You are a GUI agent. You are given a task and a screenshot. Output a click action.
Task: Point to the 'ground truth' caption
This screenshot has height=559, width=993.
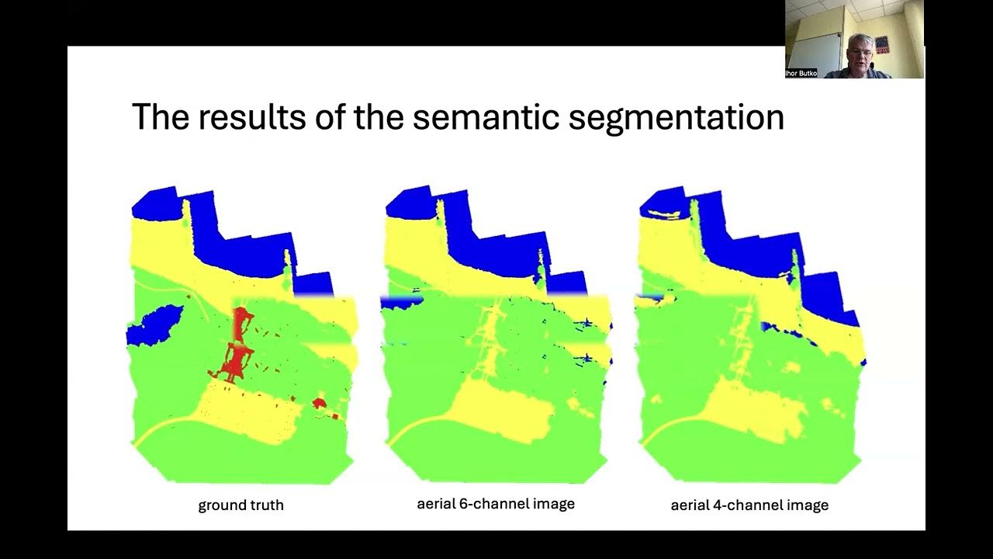coord(240,505)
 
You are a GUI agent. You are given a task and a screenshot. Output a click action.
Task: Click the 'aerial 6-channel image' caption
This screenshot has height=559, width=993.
coord(496,504)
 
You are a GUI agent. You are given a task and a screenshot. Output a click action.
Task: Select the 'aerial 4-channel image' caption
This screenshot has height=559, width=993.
coord(749,505)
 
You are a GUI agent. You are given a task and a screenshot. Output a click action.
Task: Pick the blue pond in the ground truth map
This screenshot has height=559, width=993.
coord(155,325)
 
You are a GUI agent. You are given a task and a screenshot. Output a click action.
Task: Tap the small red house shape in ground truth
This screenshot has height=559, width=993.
coord(319,402)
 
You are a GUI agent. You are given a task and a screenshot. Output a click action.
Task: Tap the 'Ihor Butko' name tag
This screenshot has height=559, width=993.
coord(801,73)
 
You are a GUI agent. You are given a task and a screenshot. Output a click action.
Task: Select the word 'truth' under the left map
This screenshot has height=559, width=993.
coord(265,505)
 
